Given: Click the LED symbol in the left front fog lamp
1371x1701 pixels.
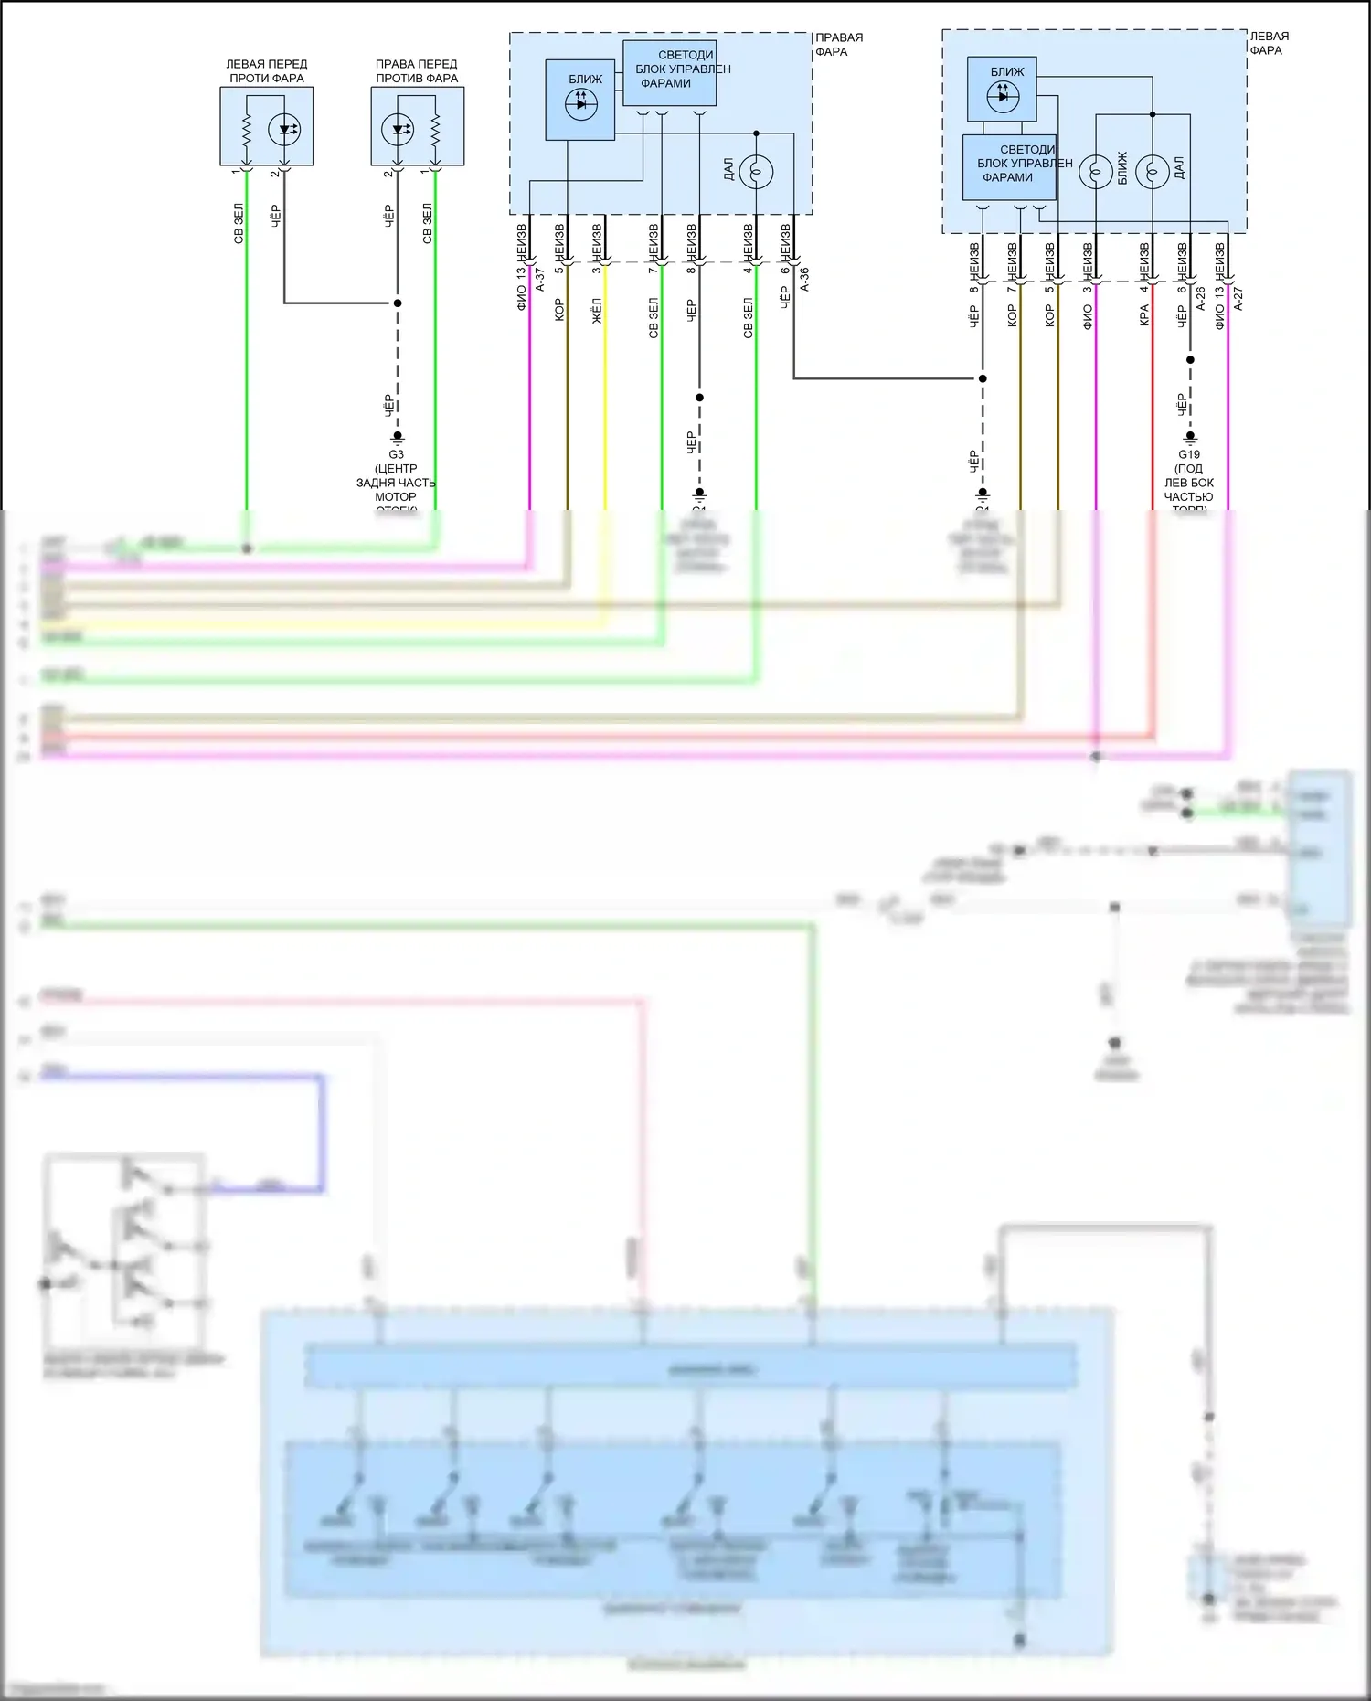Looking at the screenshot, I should [x=284, y=130].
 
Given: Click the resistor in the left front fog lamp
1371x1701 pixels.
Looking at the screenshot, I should [x=246, y=130].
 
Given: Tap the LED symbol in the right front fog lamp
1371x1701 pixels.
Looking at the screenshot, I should [x=398, y=130].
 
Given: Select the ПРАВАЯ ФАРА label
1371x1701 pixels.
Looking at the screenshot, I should [x=838, y=45].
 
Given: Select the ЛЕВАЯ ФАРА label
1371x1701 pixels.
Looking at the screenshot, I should [x=1269, y=43].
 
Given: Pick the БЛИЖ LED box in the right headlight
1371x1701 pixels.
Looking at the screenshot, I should [x=580, y=100].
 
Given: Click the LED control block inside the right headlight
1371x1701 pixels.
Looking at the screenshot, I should [x=670, y=72].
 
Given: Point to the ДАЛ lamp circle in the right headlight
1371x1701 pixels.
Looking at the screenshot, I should [x=756, y=171].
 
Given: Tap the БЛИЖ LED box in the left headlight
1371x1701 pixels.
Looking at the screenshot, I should [x=1002, y=90].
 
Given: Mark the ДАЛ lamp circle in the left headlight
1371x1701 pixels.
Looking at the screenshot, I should [x=1152, y=171].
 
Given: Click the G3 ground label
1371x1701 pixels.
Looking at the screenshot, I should [x=396, y=454].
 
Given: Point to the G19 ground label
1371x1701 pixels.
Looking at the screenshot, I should [x=1188, y=454].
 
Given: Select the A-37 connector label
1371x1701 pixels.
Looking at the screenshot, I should [x=540, y=279].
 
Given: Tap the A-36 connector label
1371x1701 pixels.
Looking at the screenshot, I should [x=804, y=279].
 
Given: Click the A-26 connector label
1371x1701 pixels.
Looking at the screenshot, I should [x=1201, y=298].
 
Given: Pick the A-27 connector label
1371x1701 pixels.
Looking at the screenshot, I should [x=1238, y=298].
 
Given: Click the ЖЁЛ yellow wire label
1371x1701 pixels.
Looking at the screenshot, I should [x=597, y=311].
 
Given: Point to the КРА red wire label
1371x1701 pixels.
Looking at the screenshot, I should [x=1143, y=316].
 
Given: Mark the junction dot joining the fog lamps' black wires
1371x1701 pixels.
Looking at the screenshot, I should [x=398, y=303].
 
